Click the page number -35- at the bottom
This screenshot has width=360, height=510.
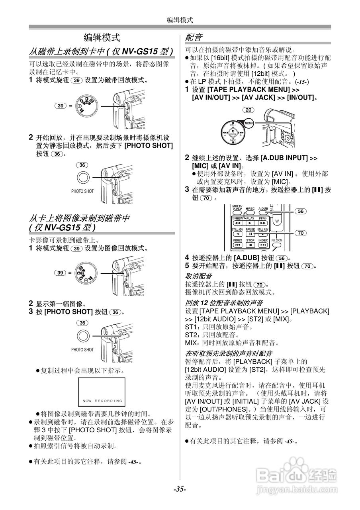click(x=180, y=489)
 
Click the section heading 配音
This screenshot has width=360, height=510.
click(x=194, y=37)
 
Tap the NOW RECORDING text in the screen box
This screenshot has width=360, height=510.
click(x=102, y=400)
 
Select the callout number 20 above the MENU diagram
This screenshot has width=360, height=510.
click(x=248, y=110)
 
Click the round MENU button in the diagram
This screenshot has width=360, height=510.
click(x=249, y=124)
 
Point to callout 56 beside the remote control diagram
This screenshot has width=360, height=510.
click(x=301, y=212)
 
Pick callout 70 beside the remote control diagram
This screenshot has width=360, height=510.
click(x=301, y=233)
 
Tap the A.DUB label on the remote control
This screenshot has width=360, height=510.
click(x=263, y=208)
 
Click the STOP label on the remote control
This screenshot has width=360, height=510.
click(x=250, y=241)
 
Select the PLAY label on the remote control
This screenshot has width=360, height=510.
click(x=250, y=218)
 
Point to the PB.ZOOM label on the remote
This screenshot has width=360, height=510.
click(x=277, y=241)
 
